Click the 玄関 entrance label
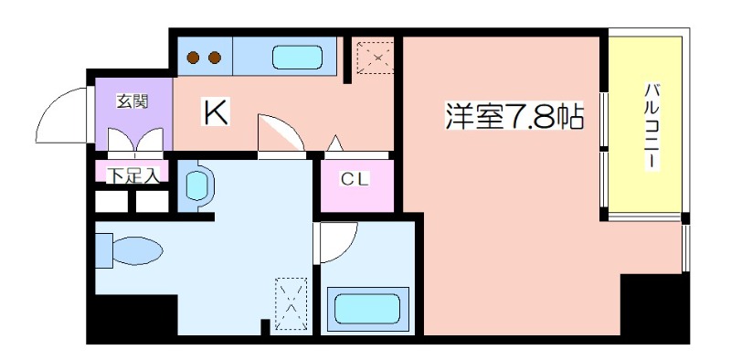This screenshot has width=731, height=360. click(132, 101)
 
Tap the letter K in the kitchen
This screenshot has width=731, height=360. click(215, 113)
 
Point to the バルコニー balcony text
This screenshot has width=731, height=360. click(651, 126)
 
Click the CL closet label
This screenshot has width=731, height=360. click(355, 178)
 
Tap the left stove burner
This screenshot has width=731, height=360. click(193, 58)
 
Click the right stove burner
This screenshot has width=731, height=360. click(215, 58)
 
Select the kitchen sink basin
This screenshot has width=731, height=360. click(298, 58)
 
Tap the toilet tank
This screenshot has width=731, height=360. click(104, 251)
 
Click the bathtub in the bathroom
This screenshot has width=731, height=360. click(367, 309)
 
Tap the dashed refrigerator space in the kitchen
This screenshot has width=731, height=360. click(376, 58)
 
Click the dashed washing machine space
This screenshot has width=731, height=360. click(291, 304)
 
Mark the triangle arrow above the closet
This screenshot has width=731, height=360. click(334, 143)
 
